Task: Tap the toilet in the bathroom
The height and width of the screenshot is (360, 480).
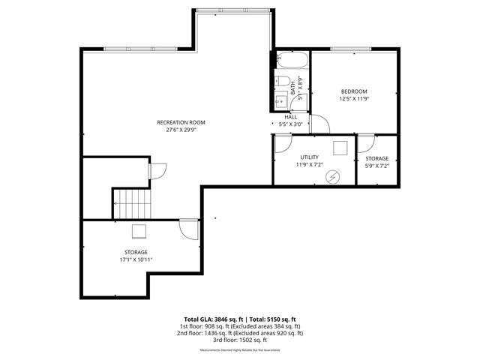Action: [283, 81]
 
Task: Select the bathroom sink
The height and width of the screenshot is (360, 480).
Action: [283, 100]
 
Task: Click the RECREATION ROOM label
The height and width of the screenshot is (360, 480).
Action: [181, 122]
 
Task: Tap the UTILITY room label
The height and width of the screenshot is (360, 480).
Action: [309, 157]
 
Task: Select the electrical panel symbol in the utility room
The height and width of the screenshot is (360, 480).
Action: [332, 176]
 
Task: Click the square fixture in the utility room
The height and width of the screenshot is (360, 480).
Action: [340, 147]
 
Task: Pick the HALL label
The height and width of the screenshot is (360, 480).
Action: [291, 117]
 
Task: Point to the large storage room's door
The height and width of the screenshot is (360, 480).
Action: [189, 228]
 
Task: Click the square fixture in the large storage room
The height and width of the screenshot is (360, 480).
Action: [139, 230]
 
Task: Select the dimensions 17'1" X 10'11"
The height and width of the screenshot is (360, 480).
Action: [136, 260]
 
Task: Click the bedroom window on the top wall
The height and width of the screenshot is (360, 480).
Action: [353, 50]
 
